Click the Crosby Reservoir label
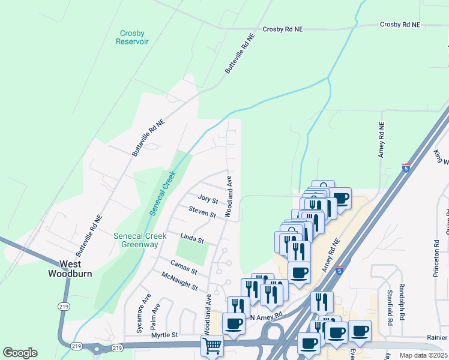pos(133,37)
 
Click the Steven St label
pos(202,212)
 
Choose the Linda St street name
pos(192,238)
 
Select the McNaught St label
pos(179,281)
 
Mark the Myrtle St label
pos(166,335)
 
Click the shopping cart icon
pos(211,346)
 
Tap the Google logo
pos(20,353)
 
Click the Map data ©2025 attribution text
pos(423,355)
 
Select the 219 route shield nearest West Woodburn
pos(65,306)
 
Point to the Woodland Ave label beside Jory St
pos(229,196)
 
